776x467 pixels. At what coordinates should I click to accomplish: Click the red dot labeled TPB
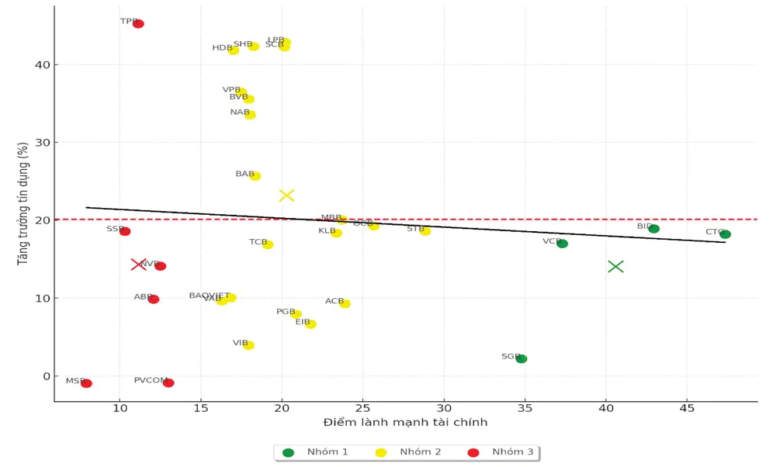pyautogui.click(x=138, y=24)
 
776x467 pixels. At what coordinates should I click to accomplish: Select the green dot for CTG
pyautogui.click(x=725, y=234)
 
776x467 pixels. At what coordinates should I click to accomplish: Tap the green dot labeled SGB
pyautogui.click(x=521, y=358)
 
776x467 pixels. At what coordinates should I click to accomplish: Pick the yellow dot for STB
pyautogui.click(x=425, y=230)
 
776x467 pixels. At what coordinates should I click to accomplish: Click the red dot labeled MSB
pyautogui.click(x=86, y=383)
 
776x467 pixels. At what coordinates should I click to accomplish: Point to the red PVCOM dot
pyautogui.click(x=168, y=382)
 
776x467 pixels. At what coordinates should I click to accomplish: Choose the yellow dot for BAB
pyautogui.click(x=255, y=176)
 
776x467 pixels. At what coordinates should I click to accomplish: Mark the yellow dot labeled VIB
pyautogui.click(x=248, y=345)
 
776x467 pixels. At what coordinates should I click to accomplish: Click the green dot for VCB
pyautogui.click(x=562, y=244)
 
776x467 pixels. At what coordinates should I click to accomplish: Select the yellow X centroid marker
pyautogui.click(x=286, y=195)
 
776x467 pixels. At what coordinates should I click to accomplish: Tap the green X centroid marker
pyautogui.click(x=615, y=266)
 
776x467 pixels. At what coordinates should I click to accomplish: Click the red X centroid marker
pyautogui.click(x=138, y=264)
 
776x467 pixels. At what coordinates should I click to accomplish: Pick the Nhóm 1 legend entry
pyautogui.click(x=317, y=451)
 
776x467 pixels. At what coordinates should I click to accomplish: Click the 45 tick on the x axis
pyautogui.click(x=687, y=409)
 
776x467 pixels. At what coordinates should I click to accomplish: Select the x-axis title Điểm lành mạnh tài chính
pyautogui.click(x=405, y=423)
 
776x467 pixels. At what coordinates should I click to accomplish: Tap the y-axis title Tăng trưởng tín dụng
pyautogui.click(x=23, y=203)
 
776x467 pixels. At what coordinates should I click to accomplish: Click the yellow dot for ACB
pyautogui.click(x=345, y=303)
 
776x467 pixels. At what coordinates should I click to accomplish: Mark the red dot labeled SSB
pyautogui.click(x=125, y=231)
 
